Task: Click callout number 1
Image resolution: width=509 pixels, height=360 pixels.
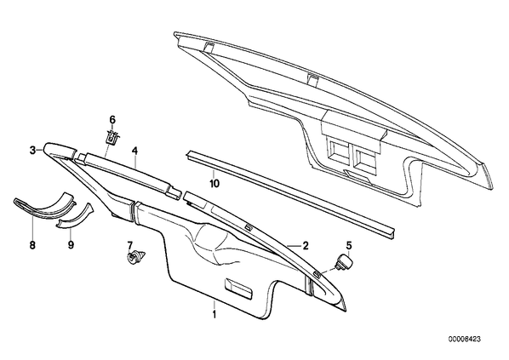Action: (x=214, y=314)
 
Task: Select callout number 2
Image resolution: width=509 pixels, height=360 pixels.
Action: (x=305, y=246)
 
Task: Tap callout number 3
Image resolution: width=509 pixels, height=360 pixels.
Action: (x=32, y=151)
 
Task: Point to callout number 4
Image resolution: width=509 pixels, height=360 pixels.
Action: (x=134, y=151)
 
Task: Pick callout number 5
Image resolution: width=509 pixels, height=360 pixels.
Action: (x=349, y=245)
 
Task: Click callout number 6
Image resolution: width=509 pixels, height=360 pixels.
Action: (x=112, y=120)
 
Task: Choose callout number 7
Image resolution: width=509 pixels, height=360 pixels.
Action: (x=130, y=245)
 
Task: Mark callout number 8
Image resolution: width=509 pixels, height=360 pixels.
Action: (x=32, y=245)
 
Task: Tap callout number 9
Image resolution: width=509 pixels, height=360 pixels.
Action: (x=71, y=245)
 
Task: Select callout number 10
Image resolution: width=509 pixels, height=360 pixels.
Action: (x=214, y=184)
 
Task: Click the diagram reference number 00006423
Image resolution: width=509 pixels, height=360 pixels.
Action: (x=465, y=340)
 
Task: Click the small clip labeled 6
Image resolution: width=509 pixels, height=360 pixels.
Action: (x=112, y=137)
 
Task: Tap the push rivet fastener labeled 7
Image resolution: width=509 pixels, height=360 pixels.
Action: (x=135, y=258)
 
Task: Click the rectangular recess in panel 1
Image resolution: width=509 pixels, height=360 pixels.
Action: (x=238, y=288)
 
